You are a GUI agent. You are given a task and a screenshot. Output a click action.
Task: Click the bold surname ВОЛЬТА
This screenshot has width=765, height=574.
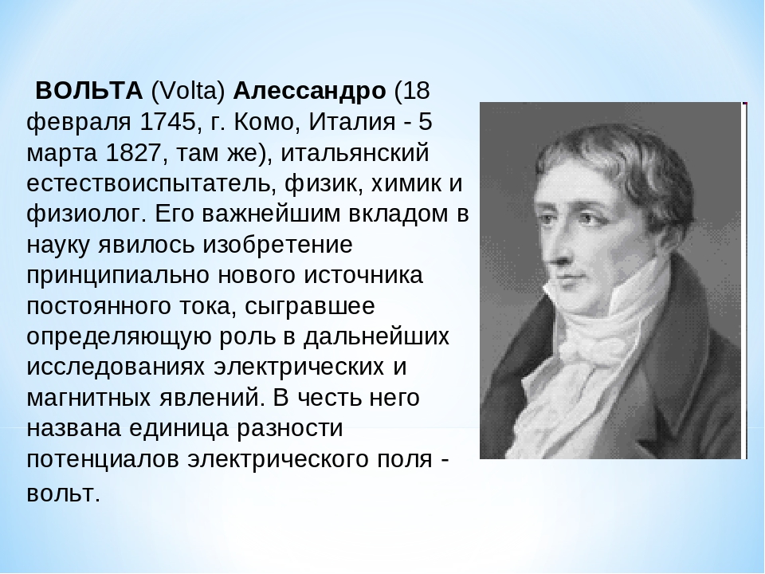(88, 91)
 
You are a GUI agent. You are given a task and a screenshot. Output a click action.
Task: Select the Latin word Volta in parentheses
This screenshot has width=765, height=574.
(188, 91)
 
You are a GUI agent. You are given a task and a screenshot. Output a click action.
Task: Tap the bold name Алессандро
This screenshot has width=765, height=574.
(309, 92)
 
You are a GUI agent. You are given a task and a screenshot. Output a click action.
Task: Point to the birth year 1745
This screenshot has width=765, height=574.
(167, 121)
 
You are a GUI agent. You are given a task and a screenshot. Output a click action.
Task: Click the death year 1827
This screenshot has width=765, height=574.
(133, 152)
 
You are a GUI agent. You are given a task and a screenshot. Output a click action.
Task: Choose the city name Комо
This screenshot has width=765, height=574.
(264, 121)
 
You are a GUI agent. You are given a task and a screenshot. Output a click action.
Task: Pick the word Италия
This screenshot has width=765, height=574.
(351, 121)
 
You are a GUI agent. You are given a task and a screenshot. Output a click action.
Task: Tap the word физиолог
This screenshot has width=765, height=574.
(86, 214)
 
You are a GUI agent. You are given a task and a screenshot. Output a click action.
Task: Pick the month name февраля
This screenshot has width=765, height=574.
(78, 123)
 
